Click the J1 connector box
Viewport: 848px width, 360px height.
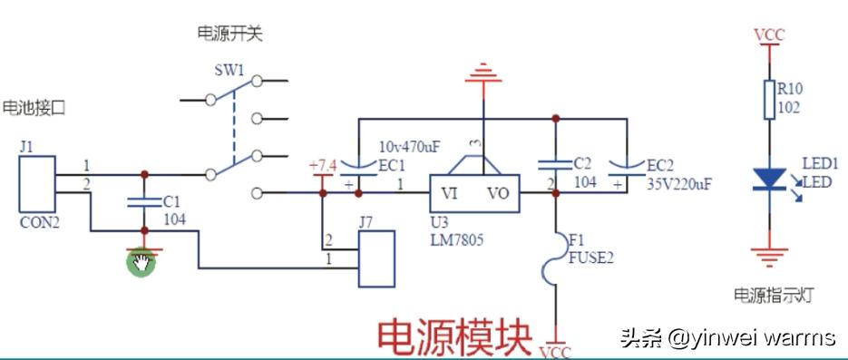coord(37,184)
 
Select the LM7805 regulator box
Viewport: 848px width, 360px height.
coord(474,193)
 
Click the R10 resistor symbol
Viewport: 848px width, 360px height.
coord(768,100)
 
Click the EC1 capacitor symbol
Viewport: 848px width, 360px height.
coord(359,166)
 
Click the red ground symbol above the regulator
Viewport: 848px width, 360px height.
coord(483,73)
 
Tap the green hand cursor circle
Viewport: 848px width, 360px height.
coord(141,263)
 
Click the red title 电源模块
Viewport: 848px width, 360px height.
coord(453,336)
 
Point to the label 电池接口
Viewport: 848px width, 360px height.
coord(34,107)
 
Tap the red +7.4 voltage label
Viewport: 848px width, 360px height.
coord(323,166)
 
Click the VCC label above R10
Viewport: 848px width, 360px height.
coord(769,35)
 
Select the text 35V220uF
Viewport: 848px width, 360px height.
coord(679,183)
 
